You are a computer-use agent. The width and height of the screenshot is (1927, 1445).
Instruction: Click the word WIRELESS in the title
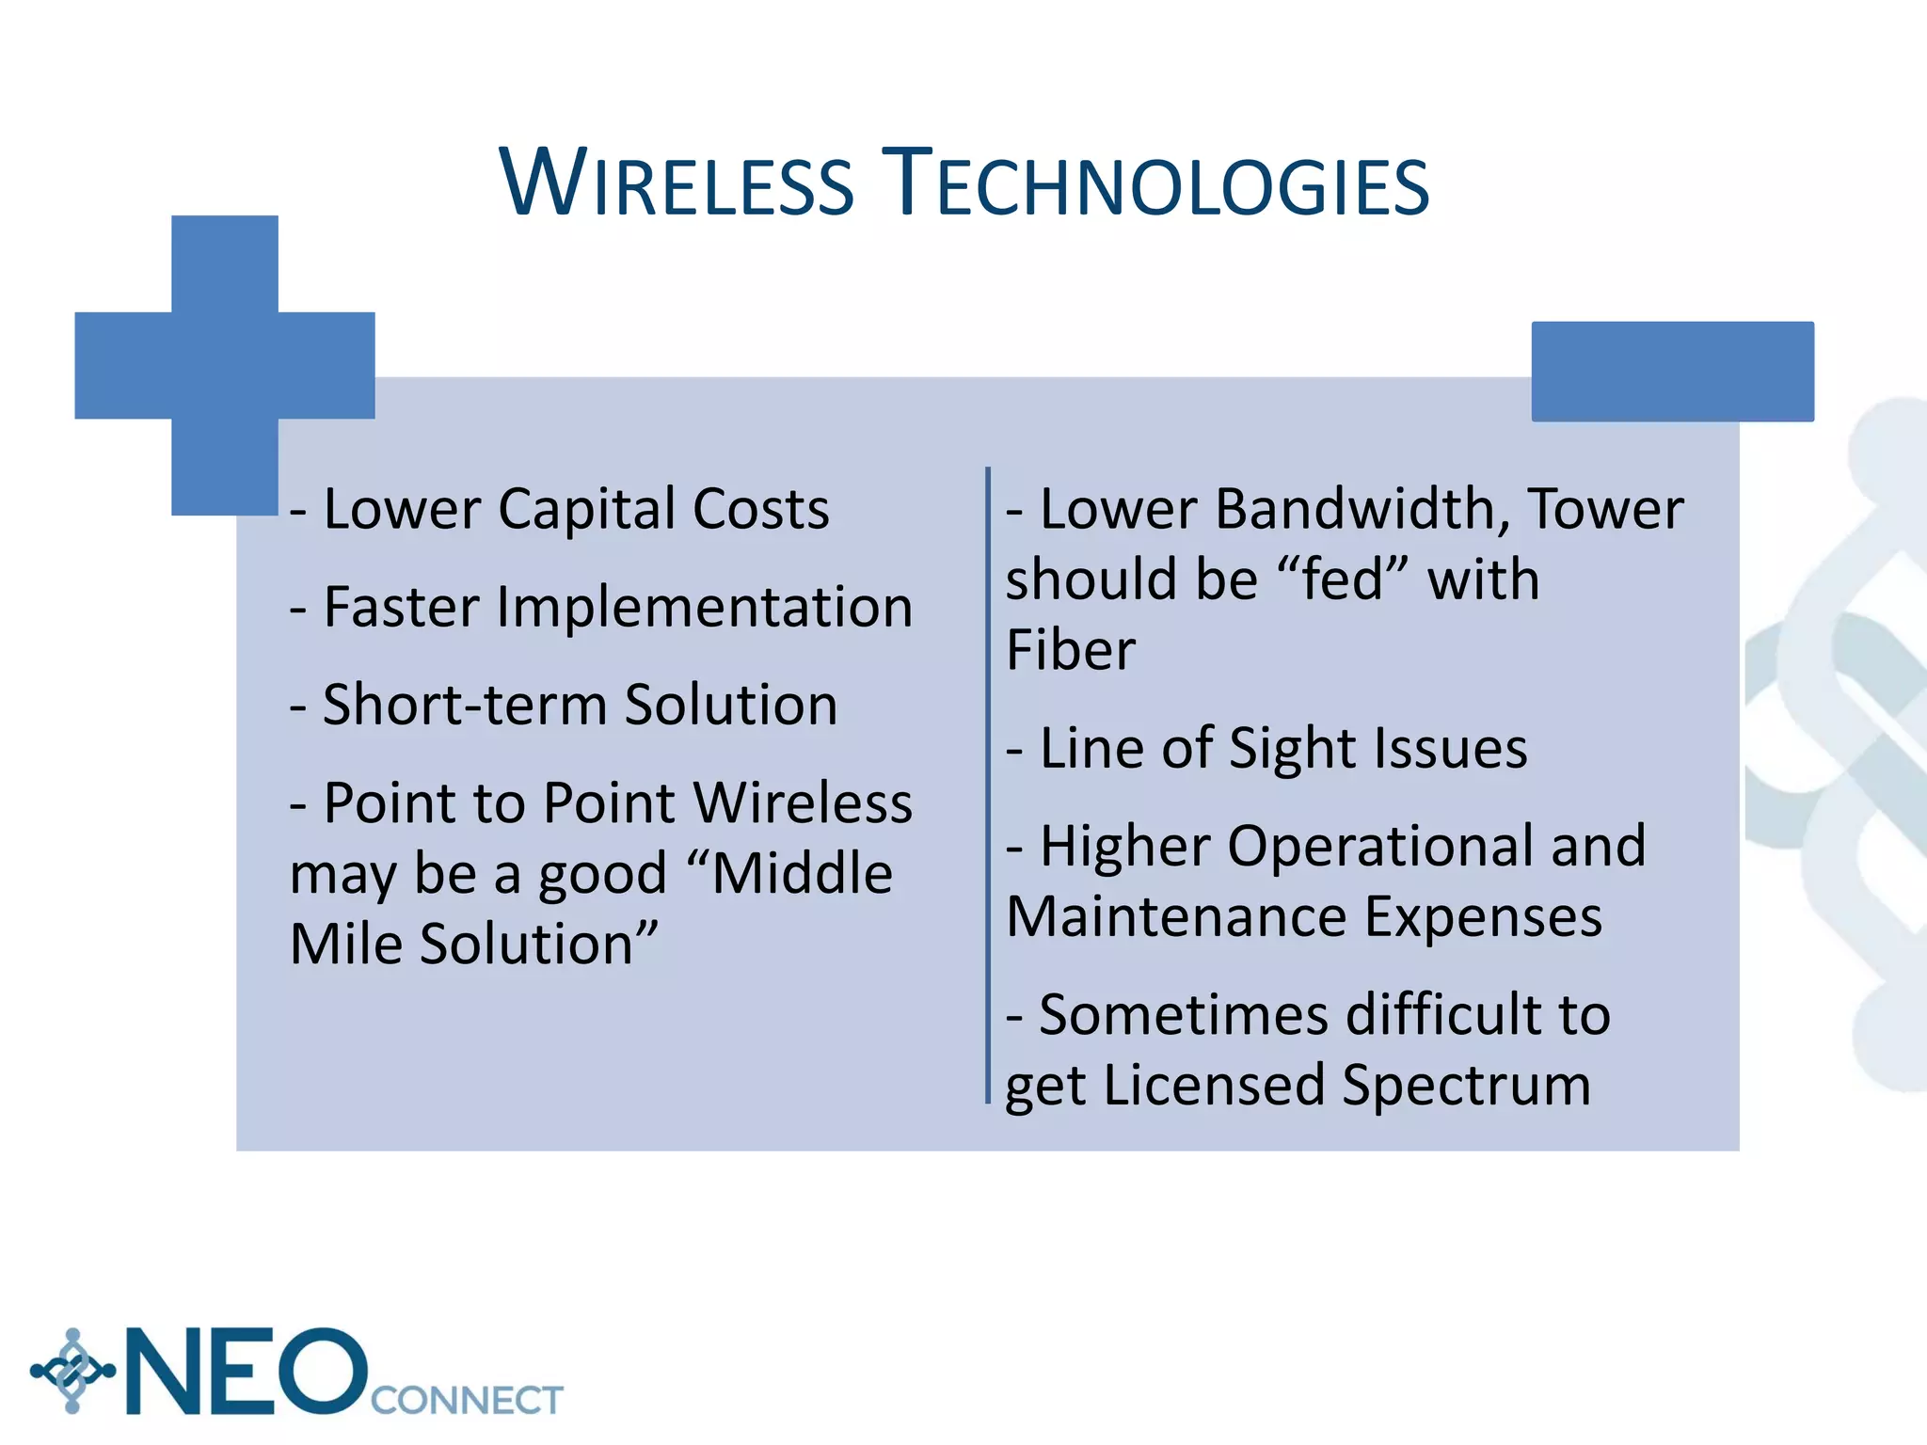(x=677, y=183)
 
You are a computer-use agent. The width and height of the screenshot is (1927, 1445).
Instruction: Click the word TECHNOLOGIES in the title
(x=1159, y=183)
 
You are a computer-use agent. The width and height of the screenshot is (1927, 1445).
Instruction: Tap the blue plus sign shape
(x=225, y=365)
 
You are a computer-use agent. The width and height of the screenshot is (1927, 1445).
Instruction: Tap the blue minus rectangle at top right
(x=1672, y=372)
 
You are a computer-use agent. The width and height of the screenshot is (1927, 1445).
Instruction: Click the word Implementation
(x=705, y=608)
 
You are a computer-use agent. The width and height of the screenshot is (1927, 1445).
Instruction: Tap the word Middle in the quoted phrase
(x=801, y=874)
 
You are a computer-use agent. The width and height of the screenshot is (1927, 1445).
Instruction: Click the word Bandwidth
(x=1362, y=510)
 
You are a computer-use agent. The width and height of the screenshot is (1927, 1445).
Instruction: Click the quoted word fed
(x=1343, y=580)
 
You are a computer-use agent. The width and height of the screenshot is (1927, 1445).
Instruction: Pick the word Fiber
(x=1071, y=650)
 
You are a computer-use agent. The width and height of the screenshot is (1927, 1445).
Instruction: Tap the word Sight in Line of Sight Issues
(x=1292, y=749)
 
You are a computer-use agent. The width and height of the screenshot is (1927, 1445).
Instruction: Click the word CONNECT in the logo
(x=467, y=1401)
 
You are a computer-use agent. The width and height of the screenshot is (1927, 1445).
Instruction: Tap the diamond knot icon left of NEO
(x=72, y=1371)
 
